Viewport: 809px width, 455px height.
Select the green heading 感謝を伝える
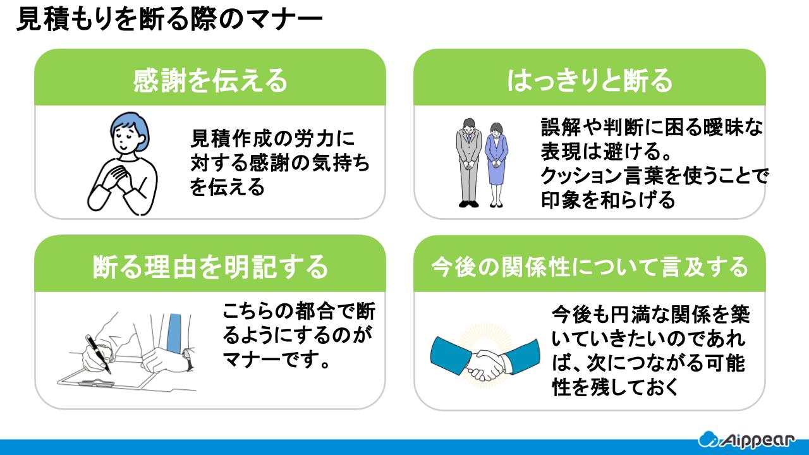click(x=210, y=81)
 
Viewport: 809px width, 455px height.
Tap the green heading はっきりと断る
click(x=589, y=81)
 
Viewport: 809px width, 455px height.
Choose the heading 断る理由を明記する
click(x=210, y=266)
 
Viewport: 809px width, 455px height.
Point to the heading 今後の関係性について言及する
click(x=589, y=267)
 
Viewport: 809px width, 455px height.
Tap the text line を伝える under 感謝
click(x=228, y=188)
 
